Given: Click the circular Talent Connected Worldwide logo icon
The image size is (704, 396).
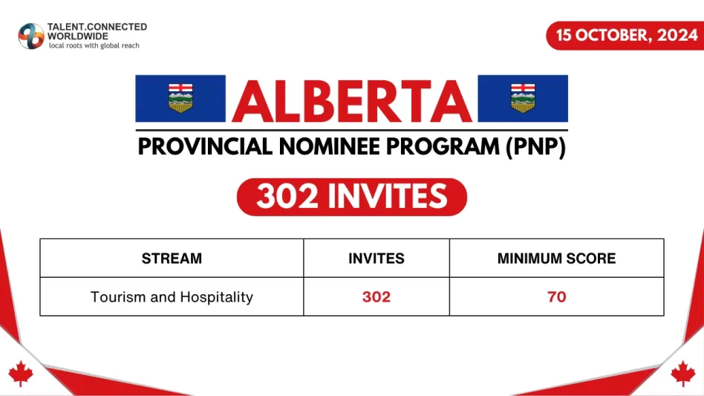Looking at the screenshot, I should [31, 36].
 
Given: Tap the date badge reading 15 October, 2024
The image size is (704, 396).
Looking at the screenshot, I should [622, 36].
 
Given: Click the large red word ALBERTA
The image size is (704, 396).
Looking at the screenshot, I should [351, 100].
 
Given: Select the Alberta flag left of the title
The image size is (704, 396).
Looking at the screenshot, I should [180, 98].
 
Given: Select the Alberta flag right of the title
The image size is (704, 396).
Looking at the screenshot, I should [523, 98].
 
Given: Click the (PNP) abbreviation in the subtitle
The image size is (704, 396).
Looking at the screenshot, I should [535, 146].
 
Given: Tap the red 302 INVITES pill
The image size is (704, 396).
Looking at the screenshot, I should [351, 197].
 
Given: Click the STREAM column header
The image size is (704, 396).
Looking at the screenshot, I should [172, 259].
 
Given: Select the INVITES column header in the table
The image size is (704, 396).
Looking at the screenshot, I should [377, 259].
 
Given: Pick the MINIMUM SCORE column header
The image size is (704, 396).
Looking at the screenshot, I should [556, 259].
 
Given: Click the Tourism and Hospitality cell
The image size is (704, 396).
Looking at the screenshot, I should [172, 297].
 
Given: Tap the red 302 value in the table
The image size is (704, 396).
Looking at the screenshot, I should [377, 297].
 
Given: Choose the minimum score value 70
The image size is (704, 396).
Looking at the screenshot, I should [556, 297].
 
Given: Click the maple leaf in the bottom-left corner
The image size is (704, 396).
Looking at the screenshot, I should [21, 374].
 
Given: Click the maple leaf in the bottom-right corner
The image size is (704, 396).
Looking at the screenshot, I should [683, 374].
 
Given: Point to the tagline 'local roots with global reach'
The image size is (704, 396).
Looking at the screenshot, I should [94, 46].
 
